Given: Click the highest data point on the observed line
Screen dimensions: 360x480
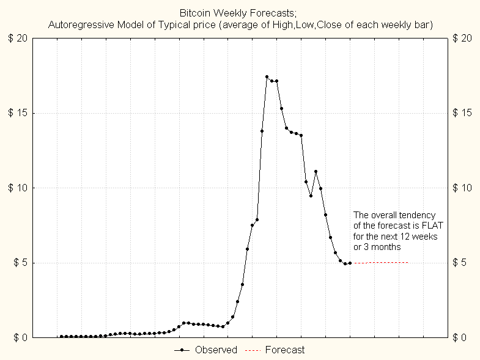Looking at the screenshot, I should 267,77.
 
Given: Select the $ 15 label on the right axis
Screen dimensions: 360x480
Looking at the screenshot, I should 463,113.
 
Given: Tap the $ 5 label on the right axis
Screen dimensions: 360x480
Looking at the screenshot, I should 460,263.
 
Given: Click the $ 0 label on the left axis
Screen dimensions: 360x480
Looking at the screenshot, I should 19,337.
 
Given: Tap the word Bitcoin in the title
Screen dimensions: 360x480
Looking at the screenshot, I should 194,13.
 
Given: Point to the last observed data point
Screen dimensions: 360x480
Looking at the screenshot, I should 350,263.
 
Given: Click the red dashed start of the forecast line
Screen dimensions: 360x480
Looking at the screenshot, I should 359,263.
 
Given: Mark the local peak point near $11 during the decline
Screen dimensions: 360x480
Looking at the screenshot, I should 316,172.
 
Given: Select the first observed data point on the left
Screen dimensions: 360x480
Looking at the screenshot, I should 61,336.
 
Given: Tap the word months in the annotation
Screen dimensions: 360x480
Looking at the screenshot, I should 386,248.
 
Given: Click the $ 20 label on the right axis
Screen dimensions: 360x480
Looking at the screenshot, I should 463,38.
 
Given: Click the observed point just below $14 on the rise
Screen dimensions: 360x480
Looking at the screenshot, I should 262,131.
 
